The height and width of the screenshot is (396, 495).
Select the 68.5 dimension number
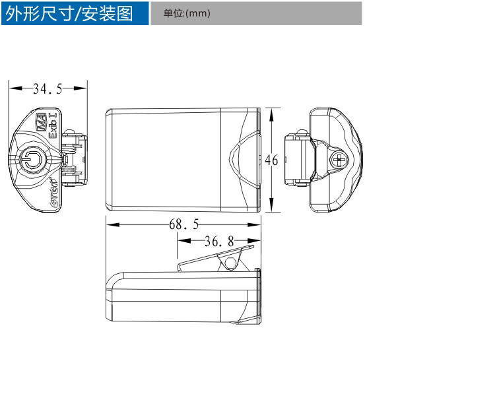tap(184, 224)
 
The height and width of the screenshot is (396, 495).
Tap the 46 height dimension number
tap(271, 160)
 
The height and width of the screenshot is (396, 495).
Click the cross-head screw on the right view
tap(341, 160)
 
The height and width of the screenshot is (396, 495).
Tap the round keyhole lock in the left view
tap(30, 158)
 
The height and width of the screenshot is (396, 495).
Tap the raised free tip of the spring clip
tap(251, 247)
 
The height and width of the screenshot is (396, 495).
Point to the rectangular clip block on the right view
tap(296, 160)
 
